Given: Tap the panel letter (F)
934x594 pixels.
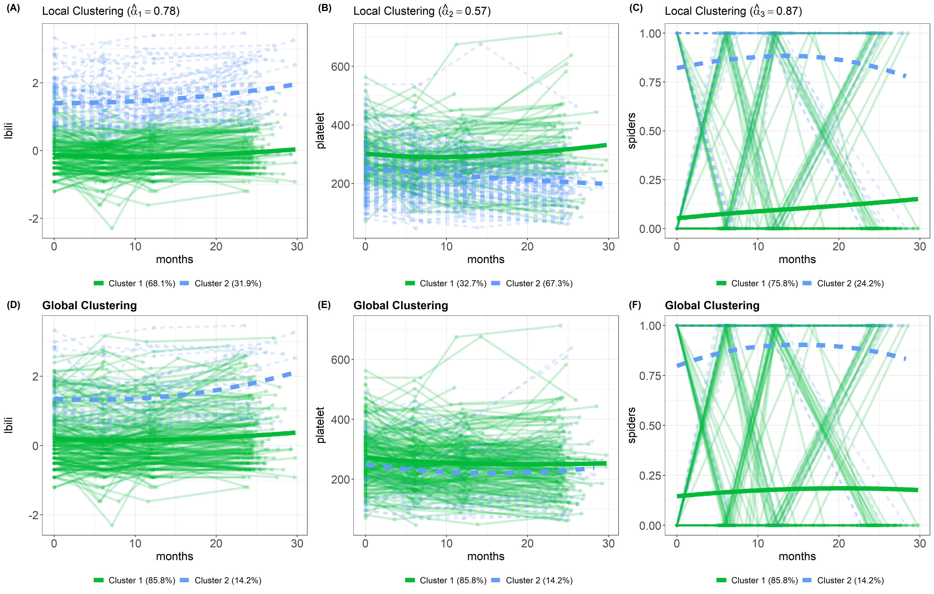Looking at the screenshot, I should [x=635, y=305].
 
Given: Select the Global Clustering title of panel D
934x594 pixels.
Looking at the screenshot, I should [x=90, y=305].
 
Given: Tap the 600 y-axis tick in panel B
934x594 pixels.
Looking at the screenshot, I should [x=340, y=67].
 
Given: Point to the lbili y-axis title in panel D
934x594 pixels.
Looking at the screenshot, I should [x=8, y=425].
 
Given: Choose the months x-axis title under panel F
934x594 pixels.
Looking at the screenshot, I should [x=797, y=556].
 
